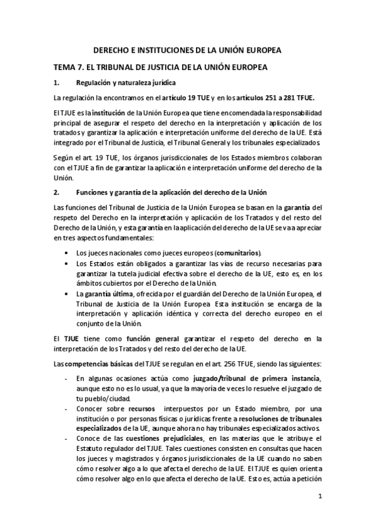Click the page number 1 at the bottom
(320, 497)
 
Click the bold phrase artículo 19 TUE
(185, 98)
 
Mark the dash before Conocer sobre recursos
(66, 408)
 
